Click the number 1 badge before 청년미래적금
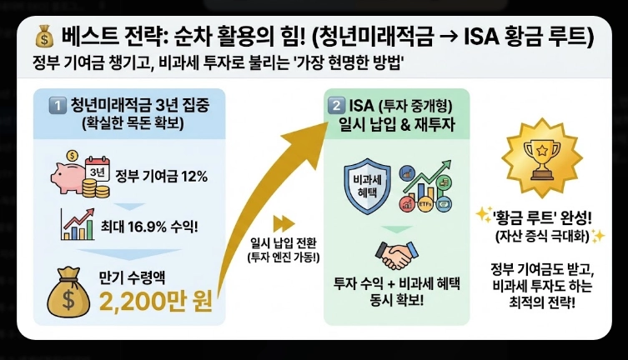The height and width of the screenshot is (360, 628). [x=57, y=105]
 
